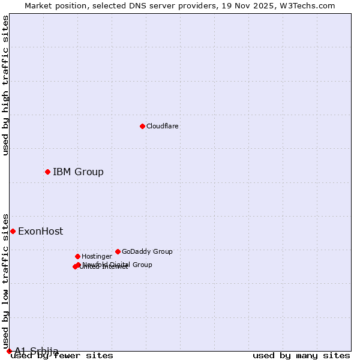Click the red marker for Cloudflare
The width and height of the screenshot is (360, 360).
coord(142,126)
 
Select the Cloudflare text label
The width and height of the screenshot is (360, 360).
coord(163,126)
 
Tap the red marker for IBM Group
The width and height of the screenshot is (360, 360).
coord(47,172)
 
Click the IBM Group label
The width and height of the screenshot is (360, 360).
coord(78,172)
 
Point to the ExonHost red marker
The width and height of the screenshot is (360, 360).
coord(13,231)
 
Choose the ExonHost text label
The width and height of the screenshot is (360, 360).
coord(40,232)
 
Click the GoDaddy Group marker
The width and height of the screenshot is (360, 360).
coord(118,251)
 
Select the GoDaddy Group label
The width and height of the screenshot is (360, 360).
coord(147,251)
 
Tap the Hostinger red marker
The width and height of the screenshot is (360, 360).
coord(77,256)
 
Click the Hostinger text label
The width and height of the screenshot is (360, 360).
coord(97,256)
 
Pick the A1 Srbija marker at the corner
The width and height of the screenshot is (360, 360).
coord(9,351)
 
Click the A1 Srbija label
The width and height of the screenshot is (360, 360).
coord(37,351)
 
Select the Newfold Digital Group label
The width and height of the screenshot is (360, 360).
coord(118,264)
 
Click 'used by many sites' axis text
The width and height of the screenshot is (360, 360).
coord(301,355)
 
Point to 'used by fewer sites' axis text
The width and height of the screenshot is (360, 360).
coord(62,355)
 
